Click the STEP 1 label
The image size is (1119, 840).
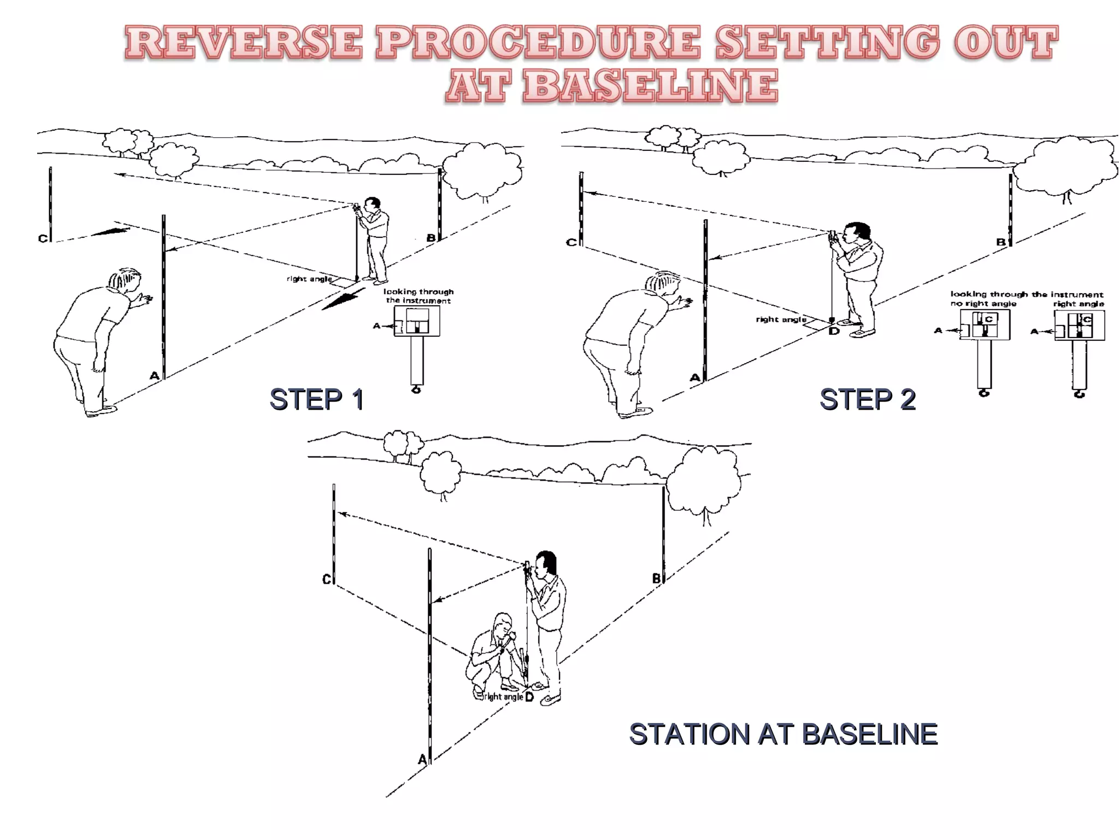pyautogui.click(x=316, y=399)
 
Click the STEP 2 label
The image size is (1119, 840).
pyautogui.click(x=867, y=399)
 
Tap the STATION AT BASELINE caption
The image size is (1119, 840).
pyautogui.click(x=783, y=734)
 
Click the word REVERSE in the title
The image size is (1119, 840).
pyautogui.click(x=243, y=43)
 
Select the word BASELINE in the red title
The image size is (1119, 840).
pyautogui.click(x=650, y=86)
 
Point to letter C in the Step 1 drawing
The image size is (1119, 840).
pyautogui.click(x=43, y=238)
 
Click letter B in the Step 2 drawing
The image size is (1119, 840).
pyautogui.click(x=1000, y=242)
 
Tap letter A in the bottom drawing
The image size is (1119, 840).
pyautogui.click(x=422, y=759)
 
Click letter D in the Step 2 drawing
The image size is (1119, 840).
pyautogui.click(x=834, y=330)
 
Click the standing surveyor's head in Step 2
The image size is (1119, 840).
pyautogui.click(x=857, y=234)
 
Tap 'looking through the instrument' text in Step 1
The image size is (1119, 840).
pyautogui.click(x=418, y=296)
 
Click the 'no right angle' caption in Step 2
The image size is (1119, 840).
pyautogui.click(x=983, y=304)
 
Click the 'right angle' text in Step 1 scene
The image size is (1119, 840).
pyautogui.click(x=309, y=279)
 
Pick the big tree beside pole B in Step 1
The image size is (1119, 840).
pyautogui.click(x=481, y=170)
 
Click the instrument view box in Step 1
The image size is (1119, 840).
pyautogui.click(x=417, y=321)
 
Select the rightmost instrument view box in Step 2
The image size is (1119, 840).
pyautogui.click(x=1079, y=325)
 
